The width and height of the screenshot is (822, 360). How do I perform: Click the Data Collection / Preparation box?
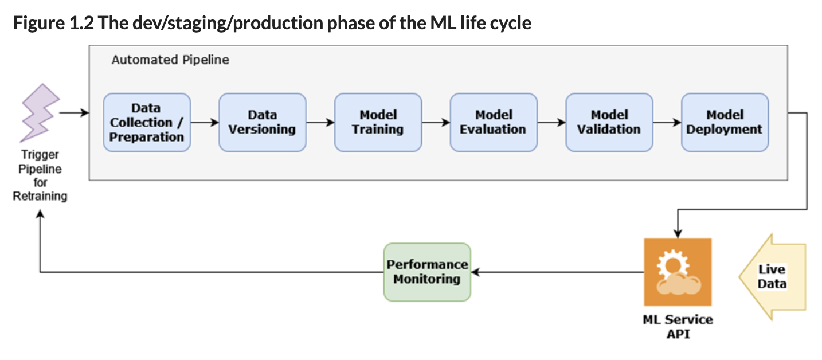point(147,122)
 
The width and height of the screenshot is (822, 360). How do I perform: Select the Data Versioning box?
point(263,122)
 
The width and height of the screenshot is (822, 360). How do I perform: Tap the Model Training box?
point(378,122)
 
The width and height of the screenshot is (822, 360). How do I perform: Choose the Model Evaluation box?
point(494,122)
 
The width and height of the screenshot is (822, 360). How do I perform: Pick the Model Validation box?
point(609,122)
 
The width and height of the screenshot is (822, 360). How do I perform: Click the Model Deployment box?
point(725,122)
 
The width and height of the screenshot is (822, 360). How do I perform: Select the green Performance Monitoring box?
point(427,272)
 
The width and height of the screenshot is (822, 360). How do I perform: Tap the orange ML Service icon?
point(678,272)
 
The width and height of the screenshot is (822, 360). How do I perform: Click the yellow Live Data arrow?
point(773,277)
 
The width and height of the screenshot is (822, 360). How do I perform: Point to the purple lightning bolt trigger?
point(40,113)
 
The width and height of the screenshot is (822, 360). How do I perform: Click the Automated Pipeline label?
point(170,60)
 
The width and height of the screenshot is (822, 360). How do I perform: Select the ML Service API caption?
point(678,327)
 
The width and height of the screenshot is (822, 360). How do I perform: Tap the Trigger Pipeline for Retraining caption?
point(40,175)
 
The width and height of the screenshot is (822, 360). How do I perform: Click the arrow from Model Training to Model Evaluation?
point(436,122)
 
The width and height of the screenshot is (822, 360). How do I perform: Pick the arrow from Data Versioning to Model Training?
point(320,122)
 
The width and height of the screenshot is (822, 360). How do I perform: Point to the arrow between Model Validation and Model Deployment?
point(667,122)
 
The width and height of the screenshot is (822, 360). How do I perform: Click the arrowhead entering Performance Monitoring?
point(476,272)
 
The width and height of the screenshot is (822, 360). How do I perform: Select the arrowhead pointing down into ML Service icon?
point(678,233)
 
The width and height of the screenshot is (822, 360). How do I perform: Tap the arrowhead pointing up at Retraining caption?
point(40,214)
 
